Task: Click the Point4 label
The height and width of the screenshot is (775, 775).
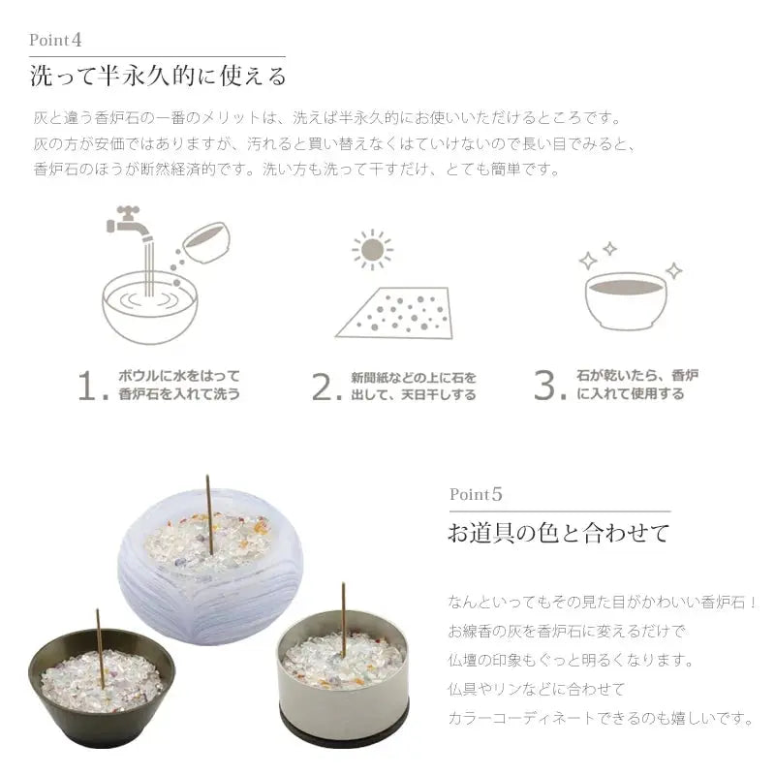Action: click(x=55, y=40)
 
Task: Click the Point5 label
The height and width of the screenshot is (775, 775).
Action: click(x=476, y=494)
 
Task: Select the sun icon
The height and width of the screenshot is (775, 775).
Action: click(x=373, y=250)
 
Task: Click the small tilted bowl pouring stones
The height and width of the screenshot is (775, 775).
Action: click(x=206, y=242)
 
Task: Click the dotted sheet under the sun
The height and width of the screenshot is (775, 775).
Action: click(x=394, y=313)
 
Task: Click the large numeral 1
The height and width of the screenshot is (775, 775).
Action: click(x=90, y=386)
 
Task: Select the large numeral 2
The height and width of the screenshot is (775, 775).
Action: click(x=325, y=387)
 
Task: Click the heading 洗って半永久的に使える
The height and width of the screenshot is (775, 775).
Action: click(x=158, y=77)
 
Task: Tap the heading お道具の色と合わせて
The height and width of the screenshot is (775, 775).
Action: click(x=559, y=534)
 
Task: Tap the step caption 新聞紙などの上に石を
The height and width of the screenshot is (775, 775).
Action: click(x=414, y=378)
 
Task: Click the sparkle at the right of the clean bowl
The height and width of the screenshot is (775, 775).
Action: click(x=673, y=270)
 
